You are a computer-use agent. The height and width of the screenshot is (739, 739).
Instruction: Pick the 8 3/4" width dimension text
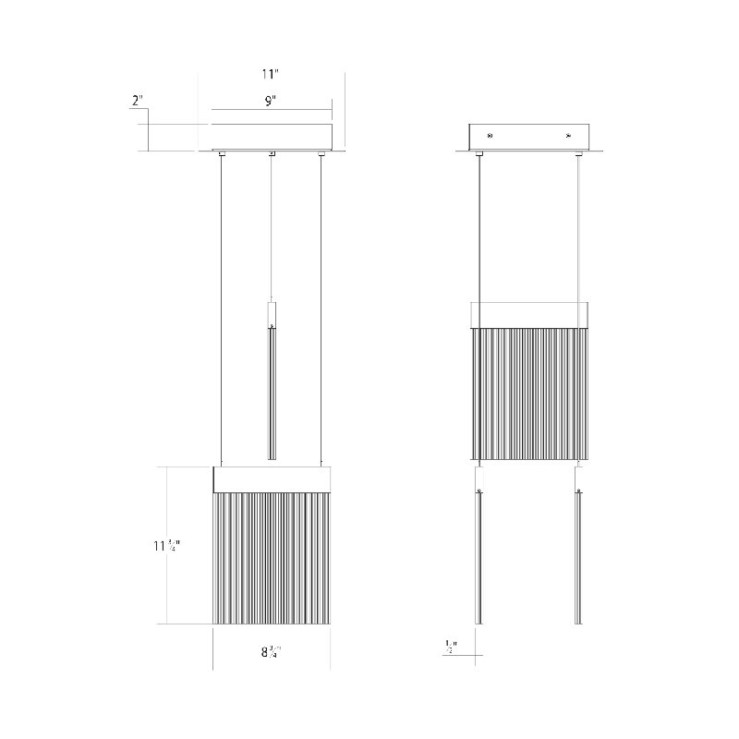pyautogui.click(x=271, y=650)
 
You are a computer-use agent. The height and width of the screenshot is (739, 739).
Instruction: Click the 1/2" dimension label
pyautogui.click(x=451, y=646)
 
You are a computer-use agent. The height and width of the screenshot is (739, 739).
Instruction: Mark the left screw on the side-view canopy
pyautogui.click(x=490, y=136)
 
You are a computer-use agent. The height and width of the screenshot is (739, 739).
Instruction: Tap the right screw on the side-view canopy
pyautogui.click(x=569, y=136)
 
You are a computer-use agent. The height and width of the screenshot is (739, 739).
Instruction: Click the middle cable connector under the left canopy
pyautogui.click(x=272, y=153)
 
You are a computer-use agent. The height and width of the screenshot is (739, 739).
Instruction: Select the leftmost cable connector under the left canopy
pyautogui.click(x=221, y=153)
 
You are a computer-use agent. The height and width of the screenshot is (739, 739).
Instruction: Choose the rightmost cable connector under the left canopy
pyautogui.click(x=321, y=153)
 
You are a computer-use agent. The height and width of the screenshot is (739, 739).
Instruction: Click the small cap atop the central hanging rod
pyautogui.click(x=272, y=314)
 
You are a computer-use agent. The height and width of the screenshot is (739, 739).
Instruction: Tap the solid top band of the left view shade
pyautogui.click(x=272, y=479)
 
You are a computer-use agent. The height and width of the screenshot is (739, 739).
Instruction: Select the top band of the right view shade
pyautogui.click(x=529, y=314)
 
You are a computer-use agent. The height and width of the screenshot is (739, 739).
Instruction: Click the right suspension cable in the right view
pyautogui.click(x=579, y=231)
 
